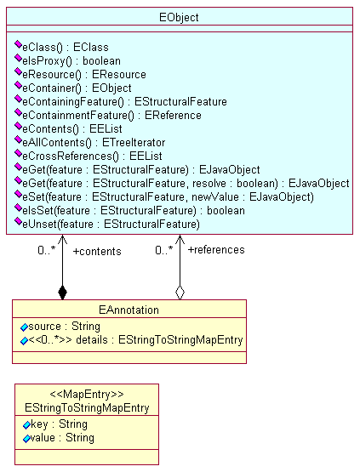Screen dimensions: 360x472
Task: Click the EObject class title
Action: coord(179,18)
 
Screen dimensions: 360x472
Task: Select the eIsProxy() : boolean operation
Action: coord(71,60)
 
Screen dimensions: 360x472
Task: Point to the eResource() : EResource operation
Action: coord(84,74)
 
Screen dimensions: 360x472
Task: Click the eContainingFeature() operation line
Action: coord(124,101)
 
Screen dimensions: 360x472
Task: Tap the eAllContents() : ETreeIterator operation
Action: coord(94,142)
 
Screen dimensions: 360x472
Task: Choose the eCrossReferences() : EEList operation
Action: coord(92,156)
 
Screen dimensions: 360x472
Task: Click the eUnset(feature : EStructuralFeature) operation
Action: coord(111,224)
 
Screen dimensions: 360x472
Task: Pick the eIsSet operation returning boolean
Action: coord(134,210)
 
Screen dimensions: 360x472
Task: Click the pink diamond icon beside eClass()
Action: coord(19,45)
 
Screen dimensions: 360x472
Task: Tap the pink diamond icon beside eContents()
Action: coord(19,127)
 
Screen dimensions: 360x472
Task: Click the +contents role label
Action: coord(97,252)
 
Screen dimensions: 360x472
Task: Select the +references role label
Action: coord(216,250)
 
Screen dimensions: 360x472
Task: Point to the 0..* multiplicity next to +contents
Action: coord(47,250)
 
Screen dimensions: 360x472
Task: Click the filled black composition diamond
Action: coord(62,293)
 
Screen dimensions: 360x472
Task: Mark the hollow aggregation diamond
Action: coord(180,293)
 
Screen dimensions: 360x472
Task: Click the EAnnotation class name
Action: coord(129,310)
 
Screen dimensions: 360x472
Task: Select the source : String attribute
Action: coord(64,327)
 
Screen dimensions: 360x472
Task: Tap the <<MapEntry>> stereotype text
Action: coord(87,394)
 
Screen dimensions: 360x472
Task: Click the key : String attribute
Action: coord(59,424)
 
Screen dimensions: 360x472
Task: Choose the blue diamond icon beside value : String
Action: coord(26,439)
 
